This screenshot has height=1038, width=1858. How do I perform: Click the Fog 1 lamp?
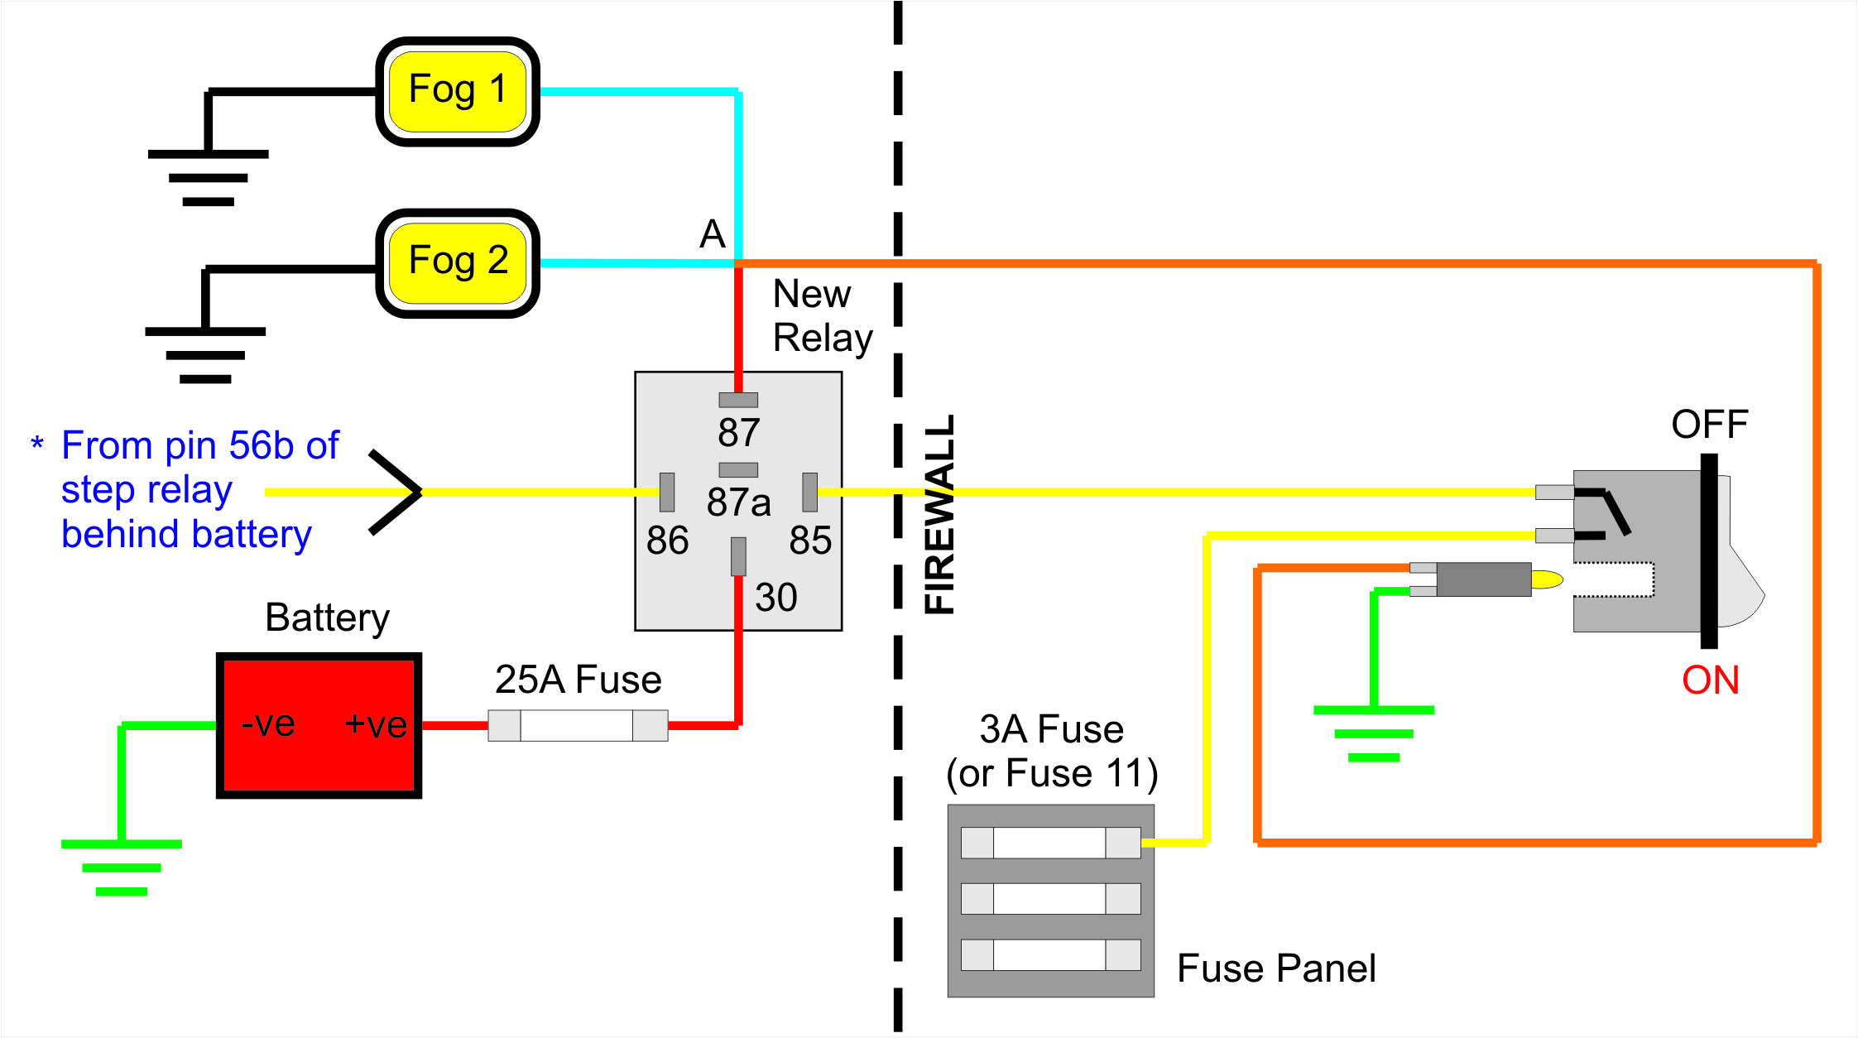pos(458,91)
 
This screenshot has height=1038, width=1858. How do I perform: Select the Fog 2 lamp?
pos(458,263)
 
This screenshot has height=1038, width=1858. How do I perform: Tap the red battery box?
pos(319,725)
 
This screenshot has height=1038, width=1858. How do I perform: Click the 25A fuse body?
pos(578,725)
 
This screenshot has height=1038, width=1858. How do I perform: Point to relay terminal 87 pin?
pos(738,400)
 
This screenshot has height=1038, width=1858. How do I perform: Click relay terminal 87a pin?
pos(738,470)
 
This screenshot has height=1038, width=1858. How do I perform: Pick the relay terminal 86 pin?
pos(667,493)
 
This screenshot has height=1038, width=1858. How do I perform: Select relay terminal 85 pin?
pos(810,493)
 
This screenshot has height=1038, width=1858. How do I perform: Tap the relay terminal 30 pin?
pos(738,556)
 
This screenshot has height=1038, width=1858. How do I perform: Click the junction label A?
pos(713,234)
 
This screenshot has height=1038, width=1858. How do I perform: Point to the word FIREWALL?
pos(940,515)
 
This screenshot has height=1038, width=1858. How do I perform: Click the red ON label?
pos(1711,680)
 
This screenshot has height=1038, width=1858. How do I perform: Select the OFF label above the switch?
pos(1710,425)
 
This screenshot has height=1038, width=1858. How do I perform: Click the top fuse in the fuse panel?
pos(1051,843)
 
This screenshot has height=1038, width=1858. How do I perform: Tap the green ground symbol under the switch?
pos(1374,733)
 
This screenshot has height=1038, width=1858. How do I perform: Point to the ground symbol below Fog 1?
pos(209,177)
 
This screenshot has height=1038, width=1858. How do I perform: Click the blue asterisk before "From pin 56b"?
pos(37,443)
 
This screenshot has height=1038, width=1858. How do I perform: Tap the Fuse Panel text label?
pos(1276,968)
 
